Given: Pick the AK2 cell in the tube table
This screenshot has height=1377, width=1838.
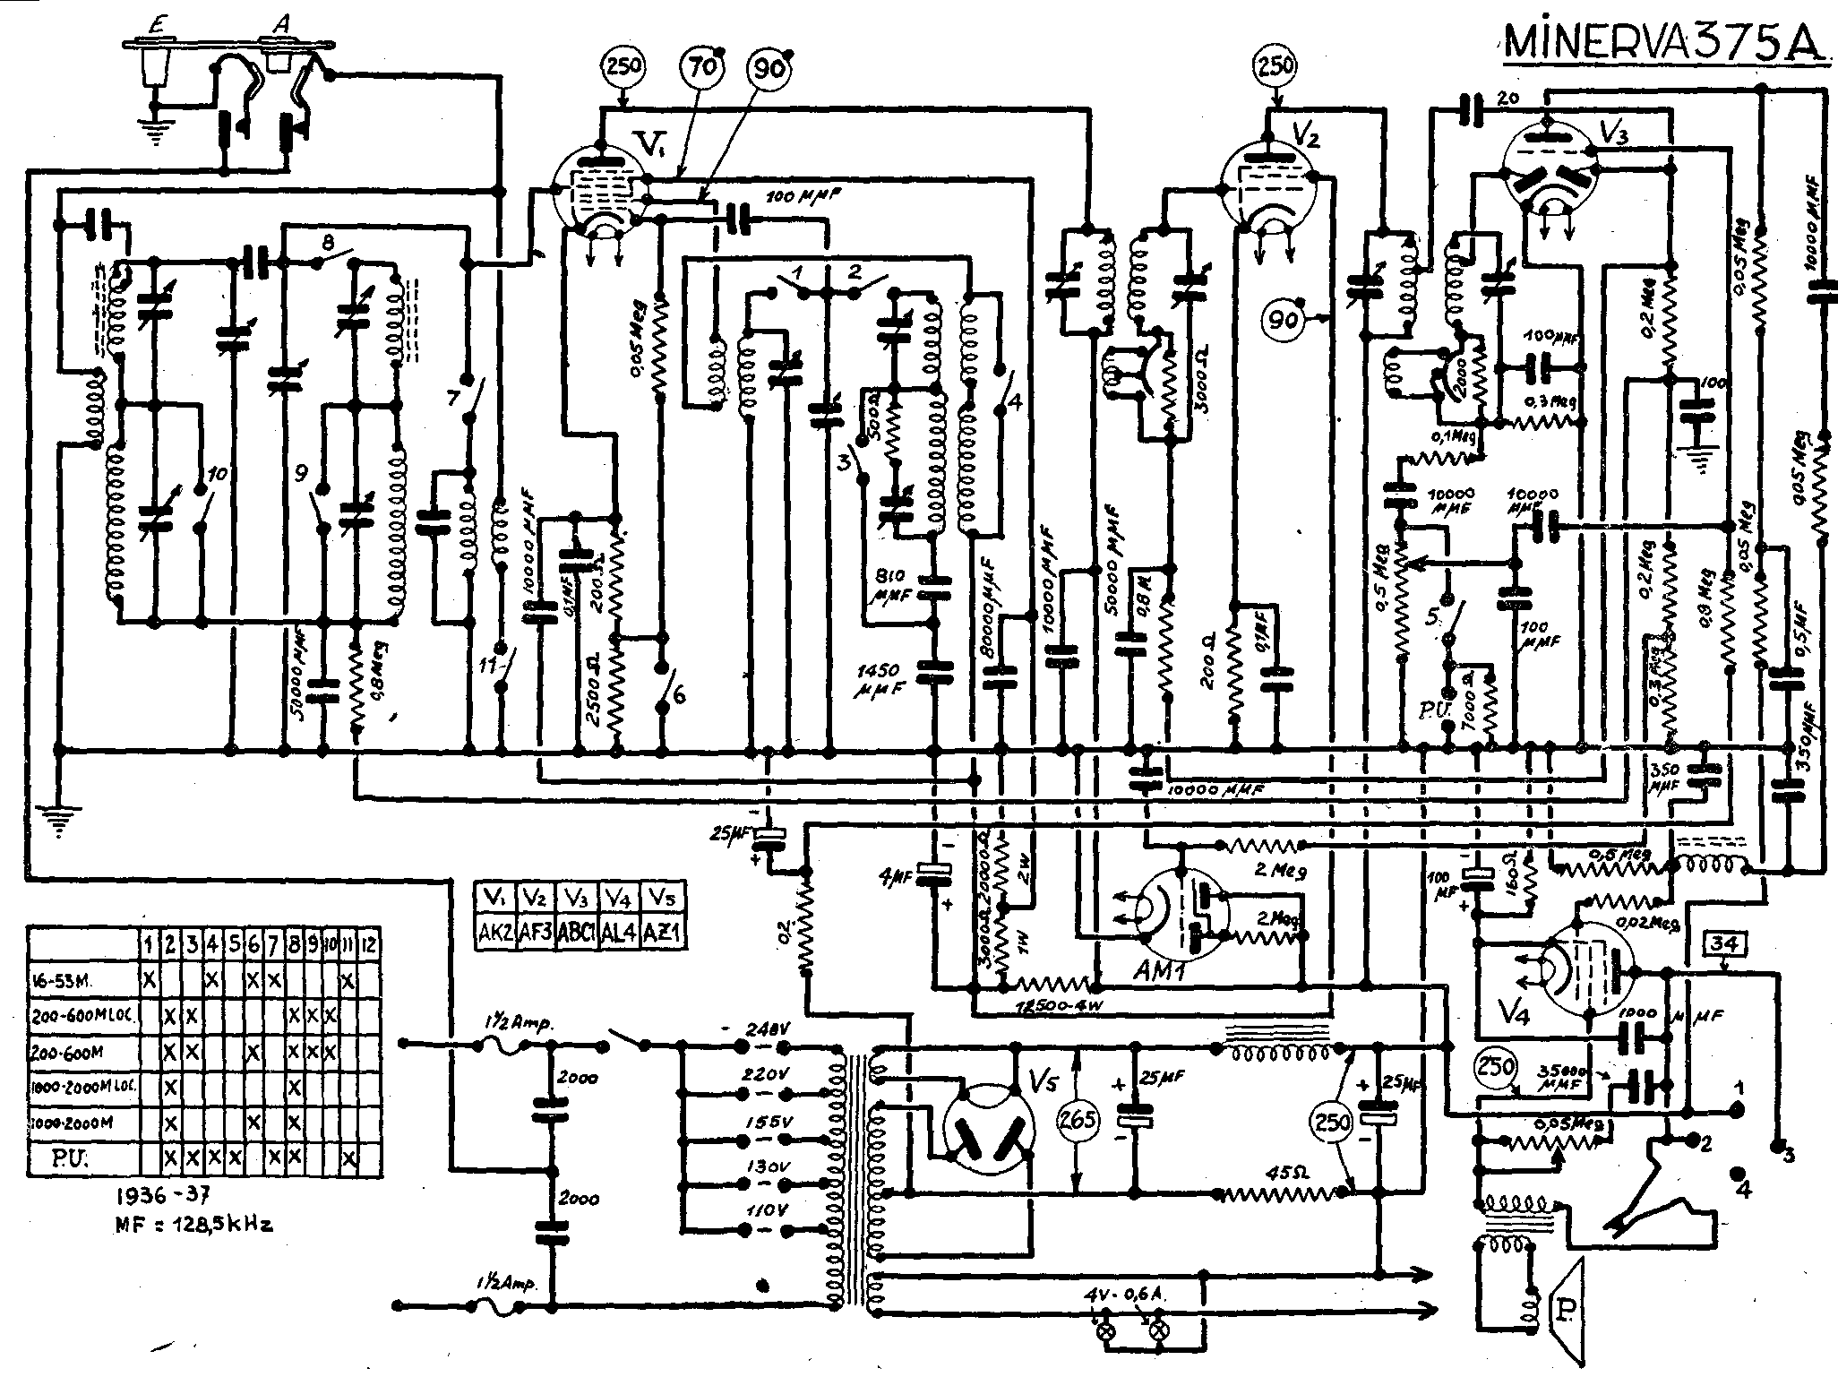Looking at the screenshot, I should [495, 933].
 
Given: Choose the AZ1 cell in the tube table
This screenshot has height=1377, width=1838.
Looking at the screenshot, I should [663, 933].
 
